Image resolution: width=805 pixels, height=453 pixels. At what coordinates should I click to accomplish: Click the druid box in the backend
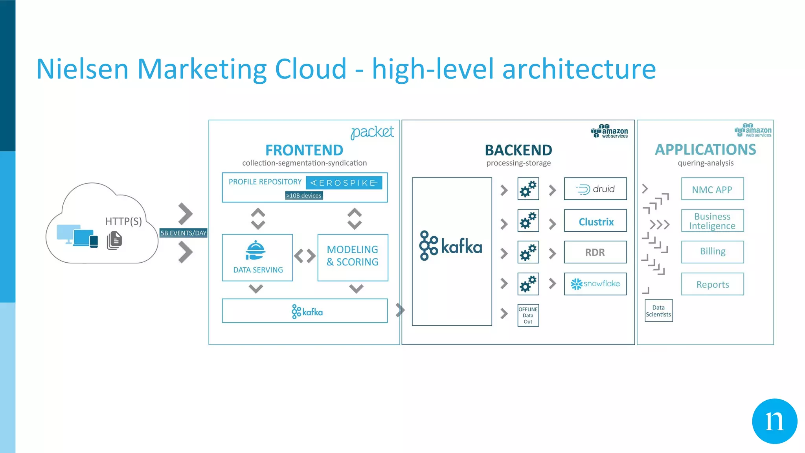tap(595, 189)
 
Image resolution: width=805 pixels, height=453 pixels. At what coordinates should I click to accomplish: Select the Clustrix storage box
tap(595, 221)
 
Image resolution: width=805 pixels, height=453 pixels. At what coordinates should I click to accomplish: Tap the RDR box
tap(595, 252)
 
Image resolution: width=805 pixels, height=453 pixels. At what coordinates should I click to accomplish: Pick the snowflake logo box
tap(595, 284)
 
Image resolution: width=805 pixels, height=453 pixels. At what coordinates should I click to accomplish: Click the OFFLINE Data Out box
tap(528, 315)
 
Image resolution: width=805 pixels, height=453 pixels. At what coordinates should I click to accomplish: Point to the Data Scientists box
tap(658, 311)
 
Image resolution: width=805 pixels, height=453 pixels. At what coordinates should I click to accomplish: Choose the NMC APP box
tap(712, 189)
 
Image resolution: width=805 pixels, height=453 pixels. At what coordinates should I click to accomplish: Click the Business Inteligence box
tap(712, 221)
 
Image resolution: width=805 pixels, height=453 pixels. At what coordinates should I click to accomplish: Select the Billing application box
tap(712, 252)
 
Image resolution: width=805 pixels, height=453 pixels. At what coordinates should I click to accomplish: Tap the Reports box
tap(712, 284)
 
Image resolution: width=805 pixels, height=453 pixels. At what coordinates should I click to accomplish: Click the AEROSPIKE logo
tap(344, 183)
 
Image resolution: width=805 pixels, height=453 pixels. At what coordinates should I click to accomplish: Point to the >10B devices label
tap(304, 195)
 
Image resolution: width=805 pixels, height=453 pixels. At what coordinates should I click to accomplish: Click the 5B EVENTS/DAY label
tap(183, 233)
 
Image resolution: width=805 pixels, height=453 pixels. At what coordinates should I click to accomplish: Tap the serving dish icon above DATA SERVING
tap(255, 250)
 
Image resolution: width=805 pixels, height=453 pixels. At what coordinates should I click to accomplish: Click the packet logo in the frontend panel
tap(372, 132)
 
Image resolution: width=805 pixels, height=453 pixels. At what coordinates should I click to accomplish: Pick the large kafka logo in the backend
tap(450, 246)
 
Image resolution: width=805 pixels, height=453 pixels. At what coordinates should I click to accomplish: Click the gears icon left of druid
tap(528, 189)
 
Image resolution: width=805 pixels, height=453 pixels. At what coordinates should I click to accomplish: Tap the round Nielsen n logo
tap(774, 421)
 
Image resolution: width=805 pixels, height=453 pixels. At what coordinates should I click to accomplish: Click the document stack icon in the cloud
tap(114, 240)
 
